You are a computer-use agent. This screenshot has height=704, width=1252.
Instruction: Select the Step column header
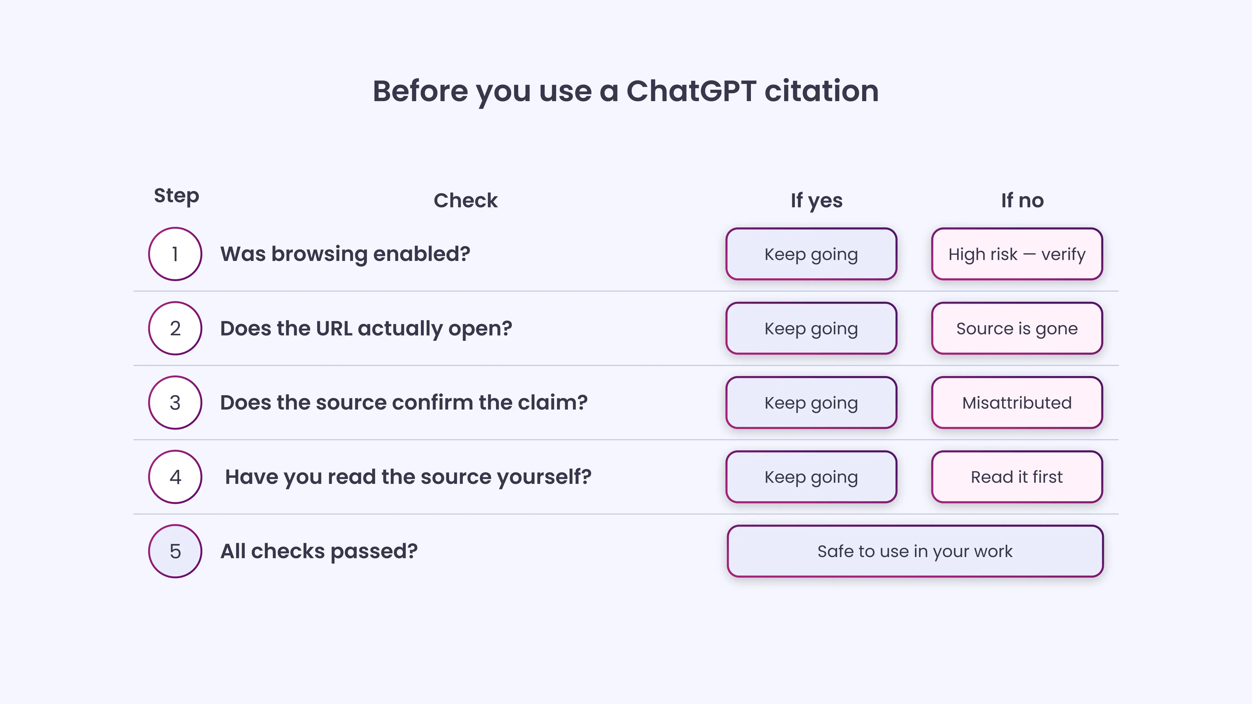[x=176, y=196]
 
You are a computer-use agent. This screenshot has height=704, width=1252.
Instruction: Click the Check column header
[x=465, y=201]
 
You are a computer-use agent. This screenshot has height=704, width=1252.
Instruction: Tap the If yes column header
[x=817, y=201]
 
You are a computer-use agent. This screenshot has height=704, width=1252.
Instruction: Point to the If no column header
[x=1022, y=201]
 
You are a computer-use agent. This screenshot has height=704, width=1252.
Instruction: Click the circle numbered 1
[x=175, y=254]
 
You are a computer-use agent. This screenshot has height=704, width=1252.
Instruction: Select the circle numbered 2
[x=175, y=329]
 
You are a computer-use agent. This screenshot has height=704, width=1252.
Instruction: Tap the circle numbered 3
[x=175, y=403]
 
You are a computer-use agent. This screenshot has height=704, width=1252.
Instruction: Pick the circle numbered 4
[x=175, y=477]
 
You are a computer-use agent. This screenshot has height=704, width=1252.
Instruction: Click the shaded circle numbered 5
[x=175, y=551]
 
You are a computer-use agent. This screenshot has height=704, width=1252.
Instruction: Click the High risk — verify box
[x=1017, y=254]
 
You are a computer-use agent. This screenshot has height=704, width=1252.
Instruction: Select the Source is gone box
[x=1017, y=329]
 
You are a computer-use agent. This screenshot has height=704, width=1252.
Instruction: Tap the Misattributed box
[x=1017, y=403]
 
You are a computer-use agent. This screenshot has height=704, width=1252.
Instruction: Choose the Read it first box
[x=1017, y=477]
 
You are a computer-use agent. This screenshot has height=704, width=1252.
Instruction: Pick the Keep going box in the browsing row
[x=811, y=254]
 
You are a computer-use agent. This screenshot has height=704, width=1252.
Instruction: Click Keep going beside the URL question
[x=811, y=329]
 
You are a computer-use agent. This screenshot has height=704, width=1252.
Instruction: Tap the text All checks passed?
[x=319, y=551]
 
